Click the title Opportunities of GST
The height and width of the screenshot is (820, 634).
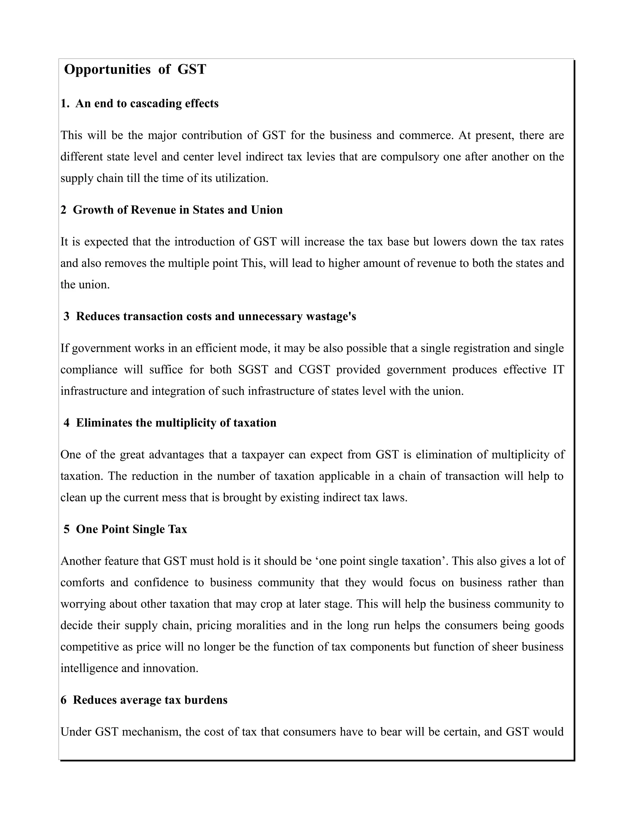pyautogui.click(x=135, y=69)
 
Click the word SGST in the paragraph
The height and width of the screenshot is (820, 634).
pyautogui.click(x=253, y=370)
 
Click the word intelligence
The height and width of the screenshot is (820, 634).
pyautogui.click(x=84, y=668)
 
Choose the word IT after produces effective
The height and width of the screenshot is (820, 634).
pyautogui.click(x=558, y=370)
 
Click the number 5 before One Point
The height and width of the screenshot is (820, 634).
pyautogui.click(x=67, y=529)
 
